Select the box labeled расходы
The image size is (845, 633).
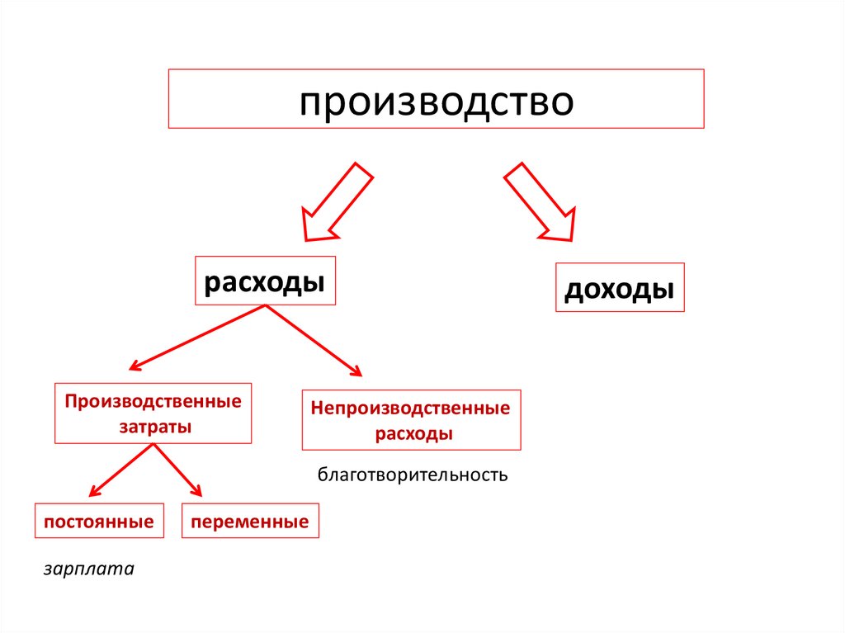tap(265, 281)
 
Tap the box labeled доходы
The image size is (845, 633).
tap(620, 288)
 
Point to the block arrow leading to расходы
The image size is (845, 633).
tap(335, 202)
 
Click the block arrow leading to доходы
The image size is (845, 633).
tap(539, 201)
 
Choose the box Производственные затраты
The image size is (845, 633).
tap(153, 414)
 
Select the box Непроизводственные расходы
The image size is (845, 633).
tap(411, 420)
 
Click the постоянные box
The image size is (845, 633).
tap(99, 522)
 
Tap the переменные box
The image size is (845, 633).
tap(250, 522)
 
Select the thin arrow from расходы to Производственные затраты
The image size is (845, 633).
tap(197, 337)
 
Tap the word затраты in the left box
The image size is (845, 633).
tap(153, 428)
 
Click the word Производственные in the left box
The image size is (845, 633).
tap(153, 402)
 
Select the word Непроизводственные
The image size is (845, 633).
tap(411, 408)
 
